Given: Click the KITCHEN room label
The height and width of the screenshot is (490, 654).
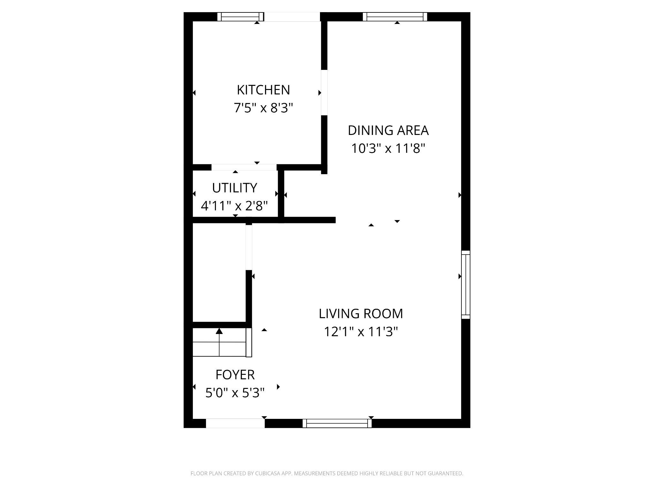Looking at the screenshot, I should pos(263,90).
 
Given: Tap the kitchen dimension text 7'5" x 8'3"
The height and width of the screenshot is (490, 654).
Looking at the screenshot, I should pos(263,108).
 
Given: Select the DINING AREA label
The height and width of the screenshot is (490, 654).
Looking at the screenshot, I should pos(388,130).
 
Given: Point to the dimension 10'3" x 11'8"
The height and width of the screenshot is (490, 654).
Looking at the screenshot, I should pos(388,149).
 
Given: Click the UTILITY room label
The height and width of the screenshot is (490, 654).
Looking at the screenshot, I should pos(234,188).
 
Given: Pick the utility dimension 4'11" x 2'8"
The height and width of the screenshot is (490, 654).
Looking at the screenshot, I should pos(234,206).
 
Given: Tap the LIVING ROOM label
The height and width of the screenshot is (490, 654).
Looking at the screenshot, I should pos(361,314).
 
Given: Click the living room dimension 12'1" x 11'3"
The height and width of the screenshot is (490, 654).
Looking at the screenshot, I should pos(361,332).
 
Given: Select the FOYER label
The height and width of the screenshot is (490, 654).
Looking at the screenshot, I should pos(235,375).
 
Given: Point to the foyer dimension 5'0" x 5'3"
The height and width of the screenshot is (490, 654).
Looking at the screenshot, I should pos(235,393).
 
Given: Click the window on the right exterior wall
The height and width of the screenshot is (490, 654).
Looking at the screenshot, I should pos(466,285).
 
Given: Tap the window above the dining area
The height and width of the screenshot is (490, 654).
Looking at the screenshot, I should pos(395,17).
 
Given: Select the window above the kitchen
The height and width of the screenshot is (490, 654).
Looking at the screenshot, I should pos(241,17).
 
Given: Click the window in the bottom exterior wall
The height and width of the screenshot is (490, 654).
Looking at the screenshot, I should pos(337,423).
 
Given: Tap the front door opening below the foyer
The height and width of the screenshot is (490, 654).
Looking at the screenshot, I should pos(235,423).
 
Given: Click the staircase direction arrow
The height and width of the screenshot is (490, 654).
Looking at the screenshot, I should pos(219,332).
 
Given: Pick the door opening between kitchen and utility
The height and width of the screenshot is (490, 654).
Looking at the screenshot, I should pos(244,167).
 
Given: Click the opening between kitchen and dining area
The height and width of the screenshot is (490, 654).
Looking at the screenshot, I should pos(324,93).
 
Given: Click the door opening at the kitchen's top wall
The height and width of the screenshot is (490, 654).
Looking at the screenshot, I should pos(292,17).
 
